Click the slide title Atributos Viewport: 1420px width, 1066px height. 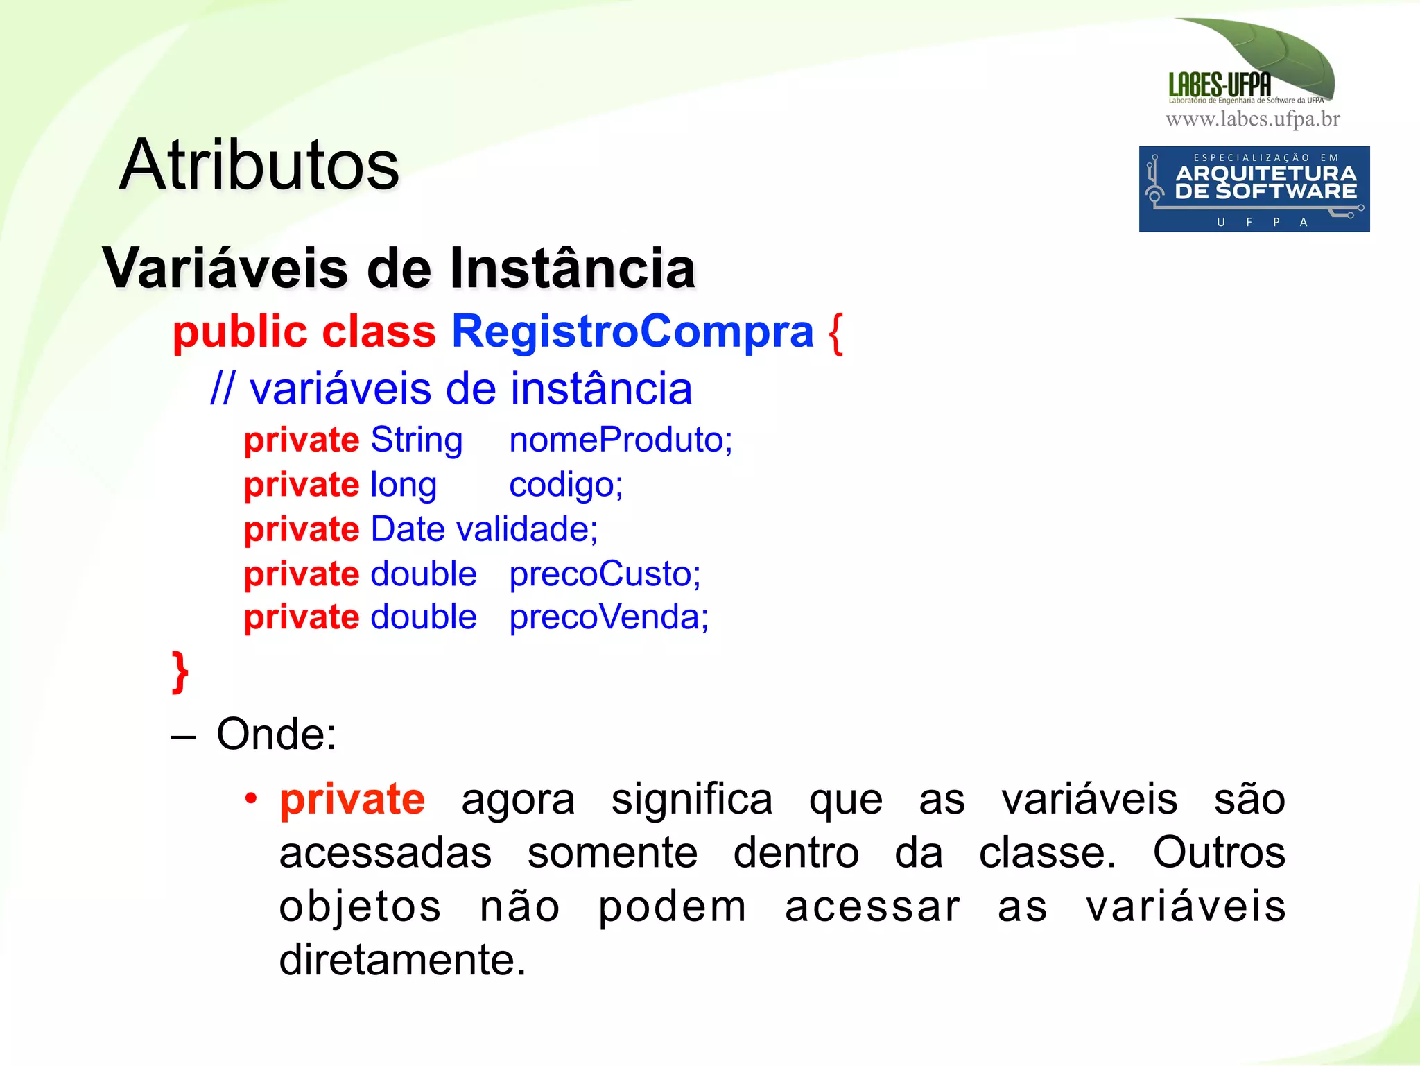pos(259,165)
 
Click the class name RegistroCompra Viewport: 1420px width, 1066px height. pos(632,332)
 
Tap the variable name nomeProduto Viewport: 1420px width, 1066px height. pos(620,440)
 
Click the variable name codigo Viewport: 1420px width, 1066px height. pos(565,485)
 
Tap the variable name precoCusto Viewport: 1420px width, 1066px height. pos(605,574)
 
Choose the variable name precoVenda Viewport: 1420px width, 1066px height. pos(608,617)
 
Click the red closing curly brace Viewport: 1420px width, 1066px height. pos(180,671)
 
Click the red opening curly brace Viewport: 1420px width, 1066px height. pos(835,333)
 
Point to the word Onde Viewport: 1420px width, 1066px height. pos(276,734)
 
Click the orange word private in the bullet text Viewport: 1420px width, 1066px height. pos(352,799)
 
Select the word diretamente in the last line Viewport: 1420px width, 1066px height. pos(402,960)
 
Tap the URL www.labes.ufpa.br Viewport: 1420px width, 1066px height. pos(1252,119)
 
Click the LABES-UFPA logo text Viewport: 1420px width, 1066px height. pos(1220,85)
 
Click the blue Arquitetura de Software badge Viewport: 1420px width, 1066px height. pos(1254,189)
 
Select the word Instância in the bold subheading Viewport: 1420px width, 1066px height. pos(572,268)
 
